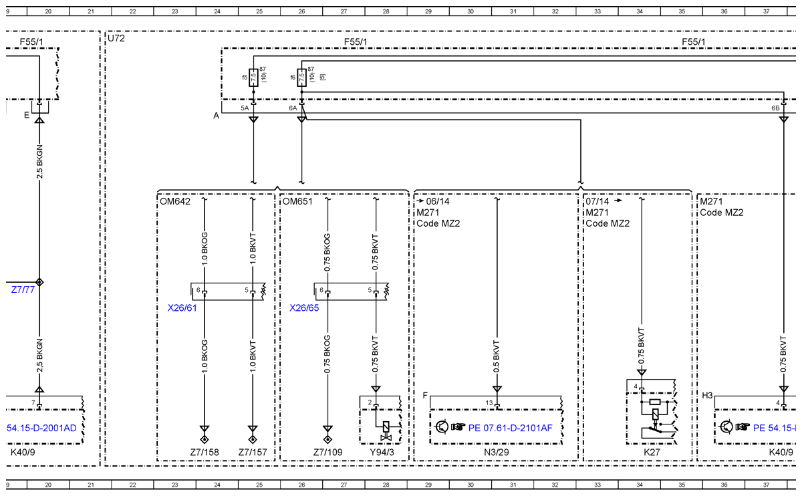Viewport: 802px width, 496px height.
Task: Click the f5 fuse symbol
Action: pyautogui.click(x=253, y=78)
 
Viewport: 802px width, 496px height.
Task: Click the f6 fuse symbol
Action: pyautogui.click(x=302, y=78)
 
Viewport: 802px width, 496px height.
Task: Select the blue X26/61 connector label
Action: pyautogui.click(x=182, y=308)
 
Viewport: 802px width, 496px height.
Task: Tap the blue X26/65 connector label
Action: pyautogui.click(x=304, y=308)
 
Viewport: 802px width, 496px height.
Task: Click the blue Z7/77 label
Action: pyautogui.click(x=23, y=289)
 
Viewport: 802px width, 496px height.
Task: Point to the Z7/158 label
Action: pyautogui.click(x=205, y=453)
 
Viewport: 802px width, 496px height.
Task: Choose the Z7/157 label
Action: pyautogui.click(x=253, y=453)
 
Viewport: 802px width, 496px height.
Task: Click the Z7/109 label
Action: pyautogui.click(x=328, y=453)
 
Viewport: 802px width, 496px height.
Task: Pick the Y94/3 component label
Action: pyautogui.click(x=382, y=453)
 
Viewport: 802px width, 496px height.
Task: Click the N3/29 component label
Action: pyautogui.click(x=497, y=453)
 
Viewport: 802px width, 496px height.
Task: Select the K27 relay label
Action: pyautogui.click(x=652, y=453)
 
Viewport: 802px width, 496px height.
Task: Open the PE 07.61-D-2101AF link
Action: pyautogui.click(x=510, y=428)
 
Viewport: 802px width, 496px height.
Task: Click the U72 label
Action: pyautogui.click(x=116, y=38)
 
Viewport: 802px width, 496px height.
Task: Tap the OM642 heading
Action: pyautogui.click(x=175, y=201)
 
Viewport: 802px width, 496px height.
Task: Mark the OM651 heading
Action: pyautogui.click(x=297, y=201)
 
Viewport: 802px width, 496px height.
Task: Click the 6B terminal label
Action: pyautogui.click(x=775, y=108)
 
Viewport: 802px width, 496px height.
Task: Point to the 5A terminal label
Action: pyautogui.click(x=245, y=108)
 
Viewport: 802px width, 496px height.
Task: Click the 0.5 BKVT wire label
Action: pyautogui.click(x=496, y=357)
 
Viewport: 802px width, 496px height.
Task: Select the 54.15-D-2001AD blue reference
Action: pyautogui.click(x=41, y=428)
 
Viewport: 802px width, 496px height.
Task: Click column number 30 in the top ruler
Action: pyautogui.click(x=471, y=11)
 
